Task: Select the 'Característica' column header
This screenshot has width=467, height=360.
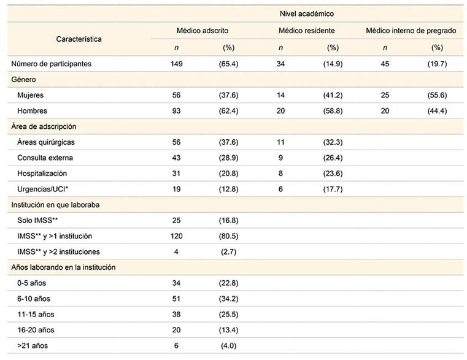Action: tap(79, 39)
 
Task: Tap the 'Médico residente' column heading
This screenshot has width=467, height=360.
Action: tap(307, 30)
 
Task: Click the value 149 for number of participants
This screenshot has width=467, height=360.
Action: tap(177, 64)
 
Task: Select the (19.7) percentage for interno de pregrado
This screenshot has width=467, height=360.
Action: tap(437, 64)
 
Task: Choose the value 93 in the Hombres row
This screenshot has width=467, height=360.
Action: tap(177, 111)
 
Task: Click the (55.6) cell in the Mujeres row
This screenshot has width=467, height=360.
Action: tap(437, 96)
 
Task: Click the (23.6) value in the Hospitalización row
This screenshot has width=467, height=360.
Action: tap(333, 174)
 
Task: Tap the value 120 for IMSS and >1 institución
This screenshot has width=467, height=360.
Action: tap(177, 236)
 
